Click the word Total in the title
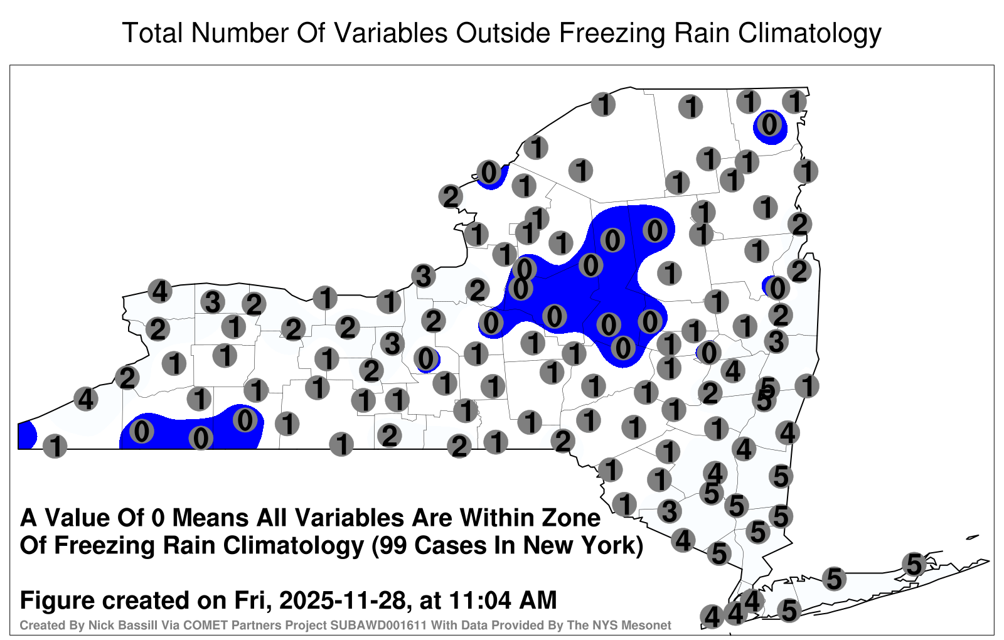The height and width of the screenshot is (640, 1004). pyautogui.click(x=152, y=33)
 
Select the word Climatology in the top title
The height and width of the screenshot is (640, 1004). pyautogui.click(x=809, y=34)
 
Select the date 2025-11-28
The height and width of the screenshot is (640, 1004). pyautogui.click(x=342, y=600)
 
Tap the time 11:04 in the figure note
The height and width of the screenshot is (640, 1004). pyautogui.click(x=479, y=600)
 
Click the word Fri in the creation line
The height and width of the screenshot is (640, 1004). pyautogui.click(x=253, y=600)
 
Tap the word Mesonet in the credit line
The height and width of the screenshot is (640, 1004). pyautogui.click(x=647, y=625)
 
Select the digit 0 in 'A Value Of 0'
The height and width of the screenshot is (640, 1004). pyautogui.click(x=159, y=518)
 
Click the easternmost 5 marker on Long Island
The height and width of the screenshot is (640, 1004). pyautogui.click(x=914, y=564)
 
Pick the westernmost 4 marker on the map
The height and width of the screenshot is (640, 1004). pyautogui.click(x=85, y=398)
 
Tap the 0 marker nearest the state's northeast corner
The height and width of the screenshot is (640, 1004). pyautogui.click(x=769, y=125)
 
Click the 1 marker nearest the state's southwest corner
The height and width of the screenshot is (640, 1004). pyautogui.click(x=55, y=446)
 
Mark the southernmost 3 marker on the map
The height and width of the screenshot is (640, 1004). pyautogui.click(x=670, y=511)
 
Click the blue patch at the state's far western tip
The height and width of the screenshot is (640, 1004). pyautogui.click(x=26, y=435)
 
